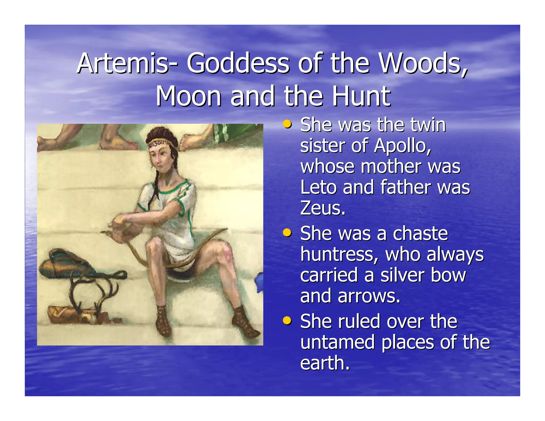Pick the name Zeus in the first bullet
point(322,208)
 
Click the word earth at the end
point(324,363)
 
